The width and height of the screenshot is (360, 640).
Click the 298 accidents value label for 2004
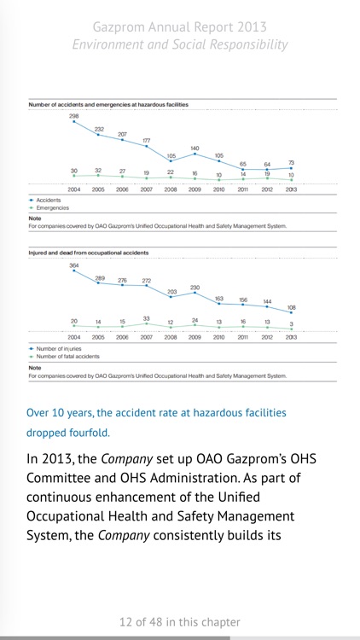click(x=74, y=115)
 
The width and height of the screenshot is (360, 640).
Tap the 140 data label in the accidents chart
click(x=195, y=148)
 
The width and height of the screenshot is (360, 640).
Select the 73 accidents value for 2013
click(x=291, y=162)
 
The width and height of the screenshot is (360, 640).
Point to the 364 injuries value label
click(x=74, y=265)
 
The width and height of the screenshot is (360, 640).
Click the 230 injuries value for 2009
click(x=195, y=288)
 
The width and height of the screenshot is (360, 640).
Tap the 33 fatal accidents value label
click(x=147, y=318)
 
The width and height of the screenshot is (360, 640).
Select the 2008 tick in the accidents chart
click(x=171, y=189)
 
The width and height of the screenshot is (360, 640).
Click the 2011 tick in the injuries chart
click(x=243, y=337)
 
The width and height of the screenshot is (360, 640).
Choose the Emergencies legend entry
click(x=52, y=207)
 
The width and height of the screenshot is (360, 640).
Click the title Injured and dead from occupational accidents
click(x=89, y=253)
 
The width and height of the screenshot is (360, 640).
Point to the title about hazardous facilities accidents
click(x=108, y=104)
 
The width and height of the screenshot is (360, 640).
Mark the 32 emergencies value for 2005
click(x=98, y=171)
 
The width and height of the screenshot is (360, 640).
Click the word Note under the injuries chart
click(x=35, y=368)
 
